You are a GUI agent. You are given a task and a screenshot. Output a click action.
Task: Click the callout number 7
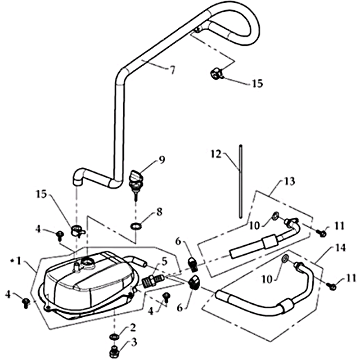click(x=172, y=70)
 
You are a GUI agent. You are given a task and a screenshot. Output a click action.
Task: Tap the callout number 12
click(x=216, y=154)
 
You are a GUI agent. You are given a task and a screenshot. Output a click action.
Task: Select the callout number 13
click(x=290, y=181)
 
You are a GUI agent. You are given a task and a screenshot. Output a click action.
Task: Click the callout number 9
click(x=162, y=160)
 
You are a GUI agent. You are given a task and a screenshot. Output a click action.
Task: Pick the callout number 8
click(x=159, y=211)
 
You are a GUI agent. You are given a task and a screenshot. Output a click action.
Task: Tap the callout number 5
click(x=164, y=262)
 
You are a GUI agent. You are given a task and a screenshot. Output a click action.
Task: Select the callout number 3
click(x=134, y=343)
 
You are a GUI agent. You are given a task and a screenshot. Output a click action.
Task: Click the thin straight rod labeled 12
click(x=240, y=181)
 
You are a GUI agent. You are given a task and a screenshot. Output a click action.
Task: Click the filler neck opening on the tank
click(x=87, y=262)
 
